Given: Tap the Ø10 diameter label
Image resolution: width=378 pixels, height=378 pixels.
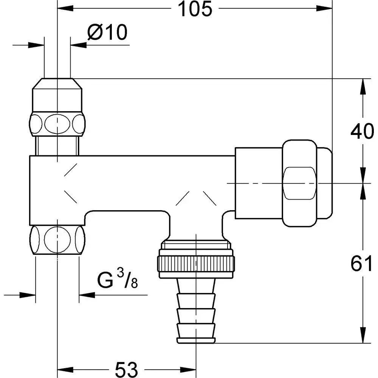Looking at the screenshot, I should point(107,33).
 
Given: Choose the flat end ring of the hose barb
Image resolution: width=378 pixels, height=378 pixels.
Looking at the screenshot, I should point(197,339).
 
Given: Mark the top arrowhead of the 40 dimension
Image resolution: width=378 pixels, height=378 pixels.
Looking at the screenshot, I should point(364,84).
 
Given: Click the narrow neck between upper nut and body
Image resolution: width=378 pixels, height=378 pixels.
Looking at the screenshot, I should point(57,145).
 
